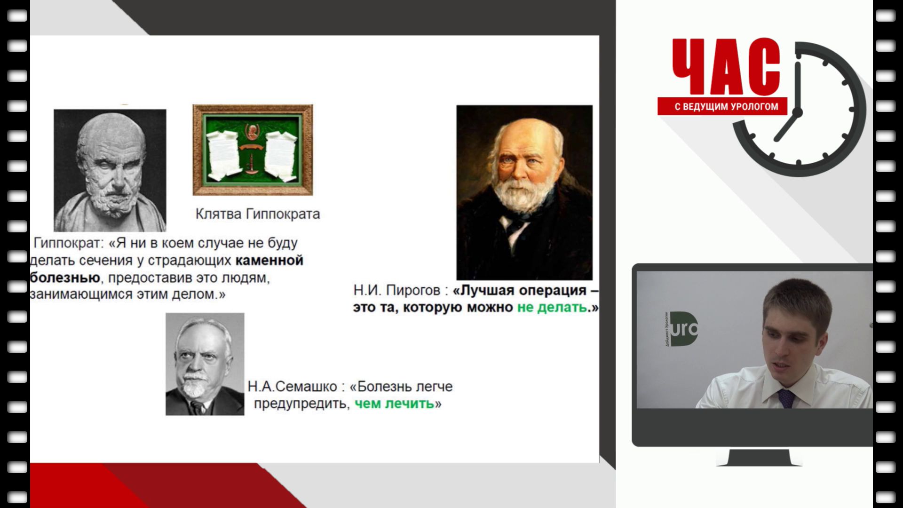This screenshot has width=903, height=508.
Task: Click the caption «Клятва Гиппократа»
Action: pyautogui.click(x=258, y=214)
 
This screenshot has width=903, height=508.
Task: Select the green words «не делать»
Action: pyautogui.click(x=552, y=308)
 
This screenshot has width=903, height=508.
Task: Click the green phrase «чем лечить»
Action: pyautogui.click(x=395, y=404)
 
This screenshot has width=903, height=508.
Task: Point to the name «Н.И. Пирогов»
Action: pyautogui.click(x=397, y=290)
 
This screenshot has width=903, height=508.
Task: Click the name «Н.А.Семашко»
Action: pyautogui.click(x=293, y=387)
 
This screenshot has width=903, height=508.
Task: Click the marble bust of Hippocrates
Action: pyautogui.click(x=110, y=170)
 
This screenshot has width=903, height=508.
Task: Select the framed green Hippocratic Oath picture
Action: pyautogui.click(x=253, y=150)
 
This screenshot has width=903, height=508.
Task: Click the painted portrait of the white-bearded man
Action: pyautogui.click(x=524, y=192)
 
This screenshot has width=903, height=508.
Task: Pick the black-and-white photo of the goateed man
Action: pyautogui.click(x=205, y=364)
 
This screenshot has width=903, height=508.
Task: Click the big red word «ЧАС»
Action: pyautogui.click(x=726, y=67)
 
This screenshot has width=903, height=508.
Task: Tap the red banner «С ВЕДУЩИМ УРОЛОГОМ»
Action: pyautogui.click(x=722, y=106)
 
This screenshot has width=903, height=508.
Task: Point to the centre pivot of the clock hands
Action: pyautogui.click(x=797, y=113)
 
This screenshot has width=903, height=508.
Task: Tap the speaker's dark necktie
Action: pyautogui.click(x=786, y=398)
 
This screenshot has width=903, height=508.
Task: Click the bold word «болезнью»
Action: pyautogui.click(x=65, y=278)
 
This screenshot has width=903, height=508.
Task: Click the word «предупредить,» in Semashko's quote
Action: pyautogui.click(x=302, y=404)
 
